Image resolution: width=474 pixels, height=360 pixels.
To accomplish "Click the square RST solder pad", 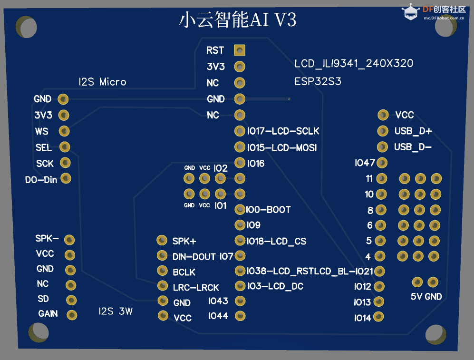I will pyautogui.click(x=240, y=50).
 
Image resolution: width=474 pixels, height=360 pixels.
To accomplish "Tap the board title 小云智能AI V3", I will pyautogui.click(x=238, y=20).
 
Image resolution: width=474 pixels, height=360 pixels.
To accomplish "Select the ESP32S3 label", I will pyautogui.click(x=318, y=81).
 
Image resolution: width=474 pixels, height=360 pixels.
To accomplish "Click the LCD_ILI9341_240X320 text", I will pyautogui.click(x=354, y=64).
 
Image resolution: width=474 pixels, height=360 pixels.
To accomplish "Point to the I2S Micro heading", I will pyautogui.click(x=102, y=82).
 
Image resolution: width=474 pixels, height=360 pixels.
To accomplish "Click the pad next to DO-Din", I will pyautogui.click(x=66, y=178).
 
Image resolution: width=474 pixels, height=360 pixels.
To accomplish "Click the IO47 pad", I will pyautogui.click(x=382, y=163).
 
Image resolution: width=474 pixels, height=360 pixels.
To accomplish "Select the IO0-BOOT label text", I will pyautogui.click(x=269, y=210).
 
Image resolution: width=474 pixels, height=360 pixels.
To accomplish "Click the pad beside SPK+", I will pyautogui.click(x=162, y=240).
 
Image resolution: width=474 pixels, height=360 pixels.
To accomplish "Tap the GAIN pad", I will pyautogui.click(x=72, y=314).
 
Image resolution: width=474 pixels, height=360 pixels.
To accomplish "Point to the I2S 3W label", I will pyautogui.click(x=116, y=311).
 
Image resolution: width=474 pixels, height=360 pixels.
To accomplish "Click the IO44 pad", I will pyautogui.click(x=240, y=316).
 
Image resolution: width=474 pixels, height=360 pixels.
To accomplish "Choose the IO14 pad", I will pyautogui.click(x=379, y=317).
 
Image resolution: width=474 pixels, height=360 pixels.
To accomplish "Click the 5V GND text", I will pyautogui.click(x=426, y=297).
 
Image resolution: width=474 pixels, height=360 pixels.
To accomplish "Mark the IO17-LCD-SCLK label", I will pyautogui.click(x=283, y=131).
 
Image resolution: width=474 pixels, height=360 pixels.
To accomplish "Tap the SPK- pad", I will pyautogui.click(x=69, y=239).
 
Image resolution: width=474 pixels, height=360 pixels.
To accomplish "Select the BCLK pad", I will pyautogui.click(x=163, y=271).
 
